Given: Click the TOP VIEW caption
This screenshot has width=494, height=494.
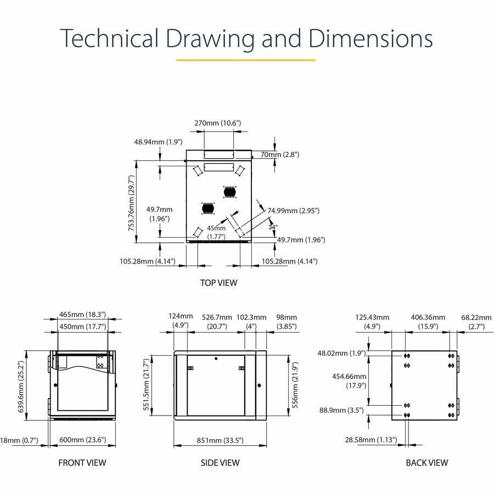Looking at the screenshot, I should click(x=219, y=283).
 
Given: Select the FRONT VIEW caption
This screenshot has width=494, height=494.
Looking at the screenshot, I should click(x=82, y=462).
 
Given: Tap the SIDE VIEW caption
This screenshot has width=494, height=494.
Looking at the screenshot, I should click(x=220, y=462).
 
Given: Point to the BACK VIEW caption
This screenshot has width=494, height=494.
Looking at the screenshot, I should click(x=426, y=462).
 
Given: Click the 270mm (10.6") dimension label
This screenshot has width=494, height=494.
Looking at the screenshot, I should click(x=217, y=123).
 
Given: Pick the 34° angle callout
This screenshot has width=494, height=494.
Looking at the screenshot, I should click(x=273, y=226).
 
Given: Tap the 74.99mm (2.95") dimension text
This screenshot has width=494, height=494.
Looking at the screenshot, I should click(x=293, y=210).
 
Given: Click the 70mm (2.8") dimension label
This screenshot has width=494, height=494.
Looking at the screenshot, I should click(x=280, y=155).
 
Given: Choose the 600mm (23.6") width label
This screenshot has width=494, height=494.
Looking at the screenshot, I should click(x=82, y=440).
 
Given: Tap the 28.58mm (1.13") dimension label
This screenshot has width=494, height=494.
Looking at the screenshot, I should click(x=371, y=439).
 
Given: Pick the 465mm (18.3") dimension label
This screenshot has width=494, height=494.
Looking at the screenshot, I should click(x=82, y=315).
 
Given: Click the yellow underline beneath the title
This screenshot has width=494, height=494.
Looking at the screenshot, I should click(x=246, y=60).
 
